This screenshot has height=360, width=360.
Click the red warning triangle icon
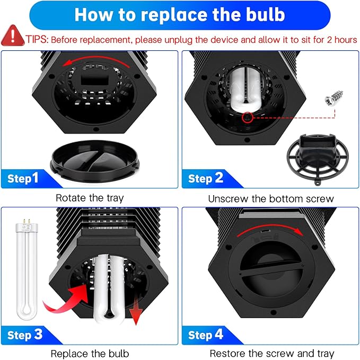(9, 37)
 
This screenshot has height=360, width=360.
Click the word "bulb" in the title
(260, 14)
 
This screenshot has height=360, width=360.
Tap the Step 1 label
(23, 178)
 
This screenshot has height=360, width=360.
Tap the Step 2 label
(206, 178)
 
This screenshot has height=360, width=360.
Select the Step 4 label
(206, 335)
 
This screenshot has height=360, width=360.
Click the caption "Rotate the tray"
(90, 198)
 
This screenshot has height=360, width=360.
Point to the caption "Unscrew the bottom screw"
(271, 198)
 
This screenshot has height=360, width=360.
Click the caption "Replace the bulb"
(90, 353)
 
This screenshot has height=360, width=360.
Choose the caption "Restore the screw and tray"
(271, 353)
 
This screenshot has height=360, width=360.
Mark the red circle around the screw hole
(245, 117)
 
